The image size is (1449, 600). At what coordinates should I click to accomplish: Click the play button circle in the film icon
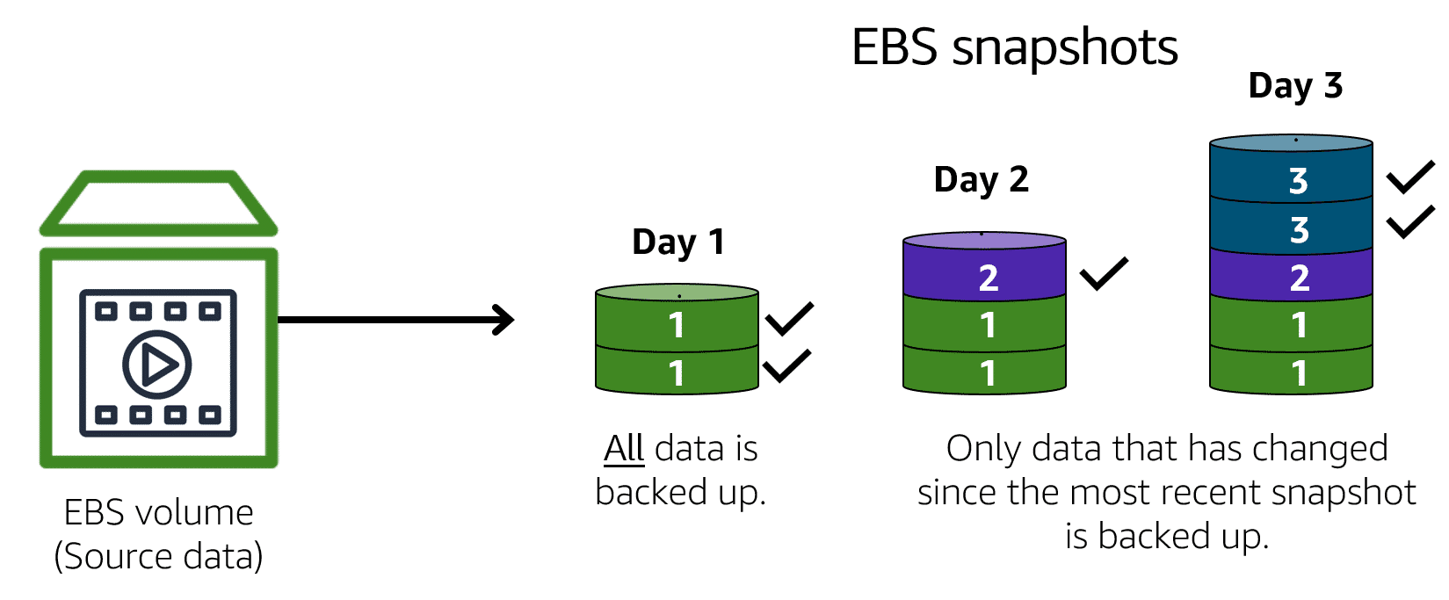(x=157, y=364)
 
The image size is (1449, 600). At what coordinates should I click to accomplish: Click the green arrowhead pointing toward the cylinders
(x=503, y=321)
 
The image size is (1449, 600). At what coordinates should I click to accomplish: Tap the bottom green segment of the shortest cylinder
(x=677, y=372)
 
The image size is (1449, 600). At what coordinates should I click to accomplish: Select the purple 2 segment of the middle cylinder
(x=984, y=277)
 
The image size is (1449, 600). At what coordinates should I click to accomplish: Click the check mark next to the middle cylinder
(x=1104, y=272)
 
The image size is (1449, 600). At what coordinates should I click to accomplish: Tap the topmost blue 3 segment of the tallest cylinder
(x=1291, y=181)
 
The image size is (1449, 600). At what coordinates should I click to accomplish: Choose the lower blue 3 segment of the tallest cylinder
(x=1291, y=229)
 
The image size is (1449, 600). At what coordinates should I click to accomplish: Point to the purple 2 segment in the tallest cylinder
(x=1291, y=278)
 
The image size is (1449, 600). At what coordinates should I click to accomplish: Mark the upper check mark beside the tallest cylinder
(x=1411, y=177)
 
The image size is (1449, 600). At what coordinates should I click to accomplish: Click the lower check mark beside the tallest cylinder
(x=1411, y=221)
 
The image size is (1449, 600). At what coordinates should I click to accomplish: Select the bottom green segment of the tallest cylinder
(x=1291, y=372)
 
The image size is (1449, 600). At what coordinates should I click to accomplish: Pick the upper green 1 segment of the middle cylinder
(x=984, y=325)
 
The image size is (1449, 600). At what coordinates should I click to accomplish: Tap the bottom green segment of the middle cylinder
(x=984, y=372)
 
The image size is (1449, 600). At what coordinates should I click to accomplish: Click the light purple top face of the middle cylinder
(x=984, y=241)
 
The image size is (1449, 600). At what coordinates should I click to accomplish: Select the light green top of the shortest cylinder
(x=677, y=293)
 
